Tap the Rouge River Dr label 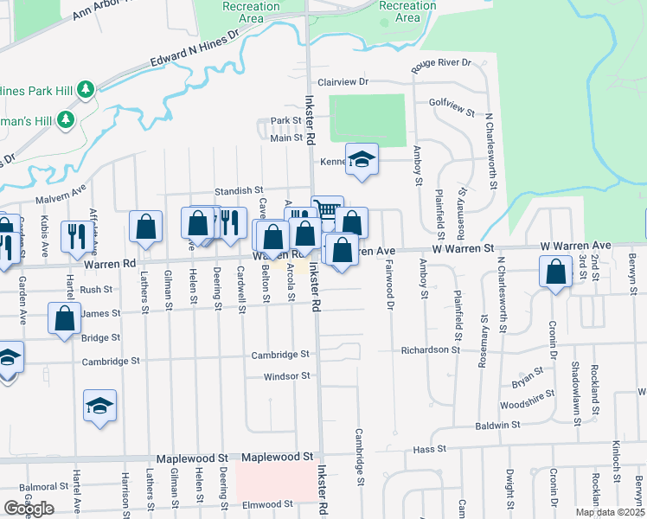(x=441, y=63)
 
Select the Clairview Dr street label (x=343, y=82)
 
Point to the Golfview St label (x=452, y=107)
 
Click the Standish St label (x=239, y=190)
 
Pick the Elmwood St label (x=267, y=504)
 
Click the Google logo (x=29, y=509)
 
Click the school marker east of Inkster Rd (x=362, y=158)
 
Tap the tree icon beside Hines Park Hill (x=86, y=89)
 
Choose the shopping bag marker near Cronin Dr (x=554, y=271)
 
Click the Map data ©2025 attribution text (x=609, y=512)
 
